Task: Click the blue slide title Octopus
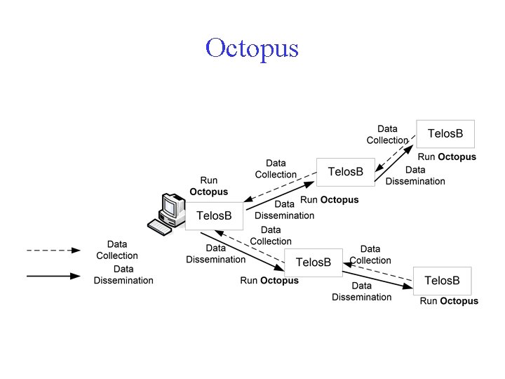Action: (252, 49)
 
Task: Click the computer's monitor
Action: (170, 206)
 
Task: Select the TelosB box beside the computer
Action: (214, 215)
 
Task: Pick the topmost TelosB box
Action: (445, 133)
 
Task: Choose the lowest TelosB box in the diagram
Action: (442, 281)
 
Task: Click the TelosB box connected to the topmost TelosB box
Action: (345, 172)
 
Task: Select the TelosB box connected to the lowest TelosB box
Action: (313, 262)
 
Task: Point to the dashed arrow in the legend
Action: (53, 250)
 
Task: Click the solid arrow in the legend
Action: (53, 276)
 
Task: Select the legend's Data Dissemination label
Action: (123, 274)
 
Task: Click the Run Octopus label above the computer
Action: (209, 186)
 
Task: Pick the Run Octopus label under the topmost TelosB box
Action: (447, 157)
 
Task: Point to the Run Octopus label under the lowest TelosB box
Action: (449, 301)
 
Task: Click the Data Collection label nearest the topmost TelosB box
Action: (387, 134)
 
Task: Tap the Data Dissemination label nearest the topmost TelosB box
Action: (415, 175)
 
